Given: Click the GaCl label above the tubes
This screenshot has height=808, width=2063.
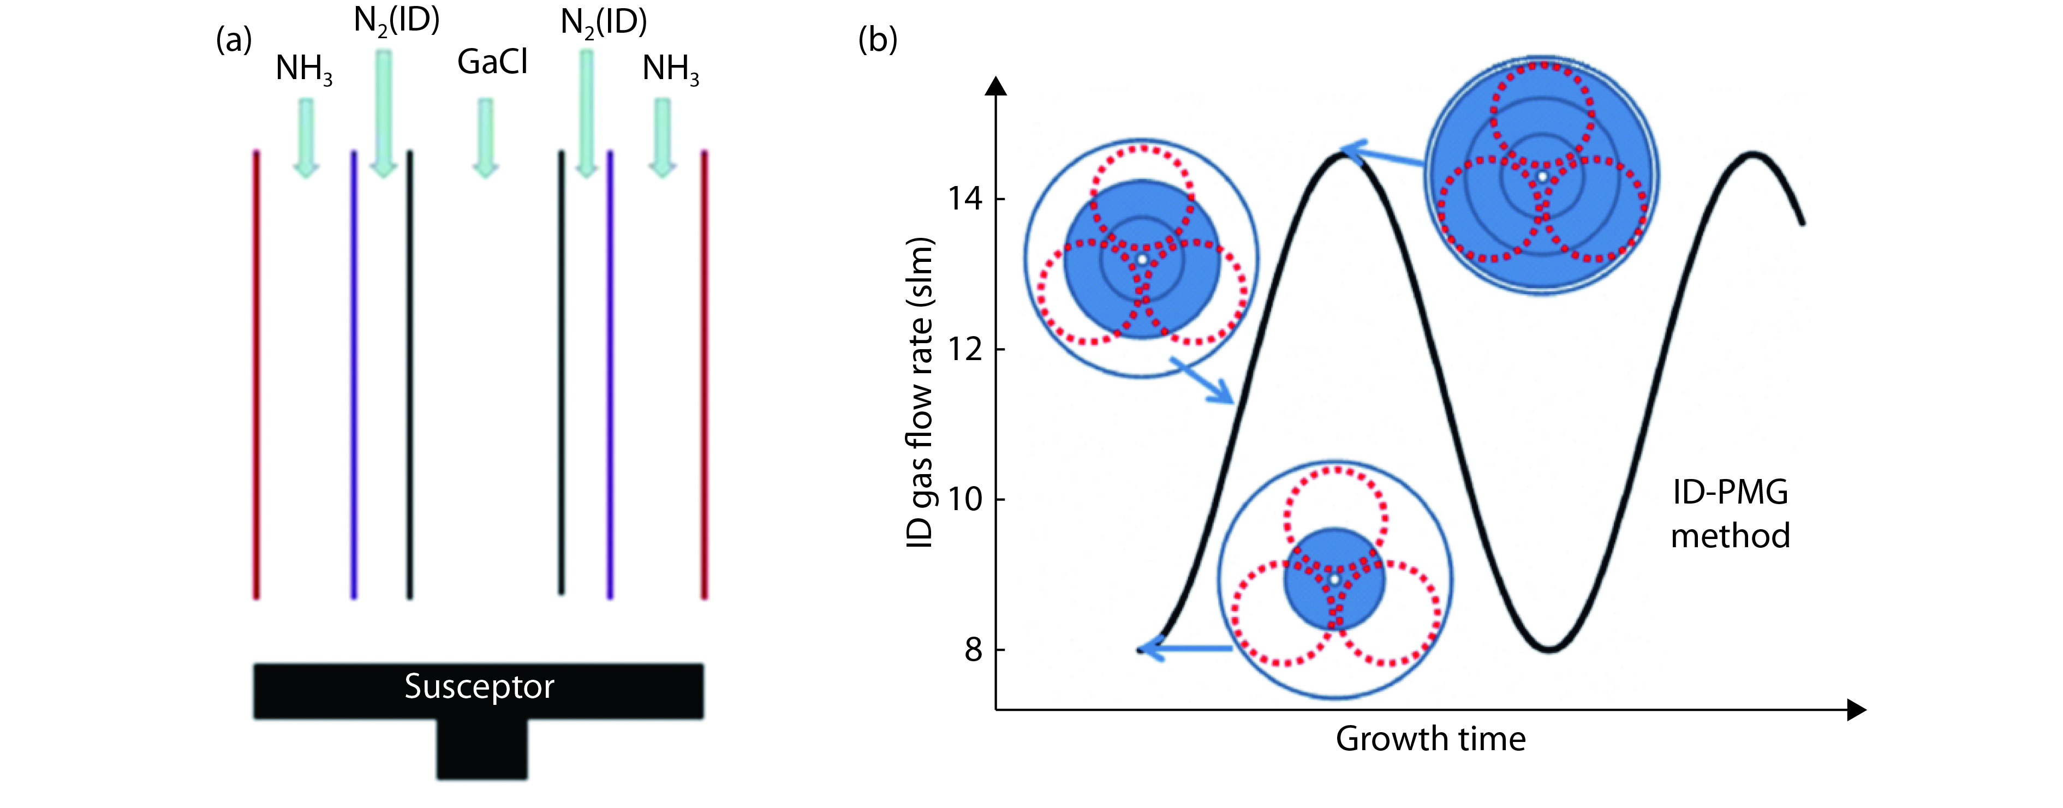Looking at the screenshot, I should (492, 62).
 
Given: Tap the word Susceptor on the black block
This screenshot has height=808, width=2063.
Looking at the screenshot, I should (479, 686).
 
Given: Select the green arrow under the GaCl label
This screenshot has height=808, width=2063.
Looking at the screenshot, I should (485, 137).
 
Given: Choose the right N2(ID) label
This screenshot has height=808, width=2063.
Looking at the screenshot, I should (603, 22).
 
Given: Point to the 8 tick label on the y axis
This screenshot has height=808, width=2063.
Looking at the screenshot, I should (973, 649).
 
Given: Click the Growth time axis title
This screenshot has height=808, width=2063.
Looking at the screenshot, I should (1430, 738).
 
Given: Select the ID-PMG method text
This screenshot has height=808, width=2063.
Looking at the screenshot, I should (1730, 513).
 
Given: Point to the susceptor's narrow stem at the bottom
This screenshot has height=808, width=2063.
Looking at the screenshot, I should (482, 748).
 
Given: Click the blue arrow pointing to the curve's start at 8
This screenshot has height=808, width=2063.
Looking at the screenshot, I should (1185, 649).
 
